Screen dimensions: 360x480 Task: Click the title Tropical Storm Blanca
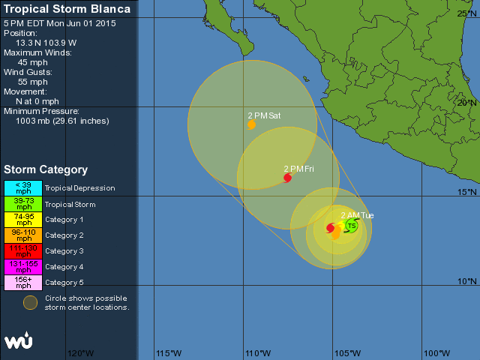pyautogui.click(x=67, y=9)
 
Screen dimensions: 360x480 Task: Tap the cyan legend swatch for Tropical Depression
pyautogui.click(x=22, y=187)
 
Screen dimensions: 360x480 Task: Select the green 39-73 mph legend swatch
pyautogui.click(x=22, y=203)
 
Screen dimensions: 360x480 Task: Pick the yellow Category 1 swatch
pyautogui.click(x=22, y=219)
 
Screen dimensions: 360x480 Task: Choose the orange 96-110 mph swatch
pyautogui.click(x=22, y=235)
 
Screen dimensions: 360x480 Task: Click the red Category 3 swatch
pyautogui.click(x=22, y=250)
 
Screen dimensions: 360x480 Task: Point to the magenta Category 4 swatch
pyautogui.click(x=22, y=266)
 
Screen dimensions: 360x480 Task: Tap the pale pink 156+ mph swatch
pyautogui.click(x=22, y=282)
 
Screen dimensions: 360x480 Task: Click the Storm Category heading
pyautogui.click(x=46, y=169)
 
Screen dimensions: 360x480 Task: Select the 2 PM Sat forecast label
pyautogui.click(x=264, y=115)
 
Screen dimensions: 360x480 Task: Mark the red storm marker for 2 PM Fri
pyautogui.click(x=287, y=178)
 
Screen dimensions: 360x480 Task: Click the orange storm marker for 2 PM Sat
pyautogui.click(x=251, y=125)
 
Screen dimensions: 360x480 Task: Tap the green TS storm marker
pyautogui.click(x=351, y=225)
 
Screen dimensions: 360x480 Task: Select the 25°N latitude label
pyautogui.click(x=468, y=14)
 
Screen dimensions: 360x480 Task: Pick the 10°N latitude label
pyautogui.click(x=468, y=281)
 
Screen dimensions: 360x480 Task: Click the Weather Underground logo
pyautogui.click(x=18, y=340)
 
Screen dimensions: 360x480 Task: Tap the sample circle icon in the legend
pyautogui.click(x=29, y=302)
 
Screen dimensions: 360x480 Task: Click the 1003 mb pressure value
pyautogui.click(x=62, y=121)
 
